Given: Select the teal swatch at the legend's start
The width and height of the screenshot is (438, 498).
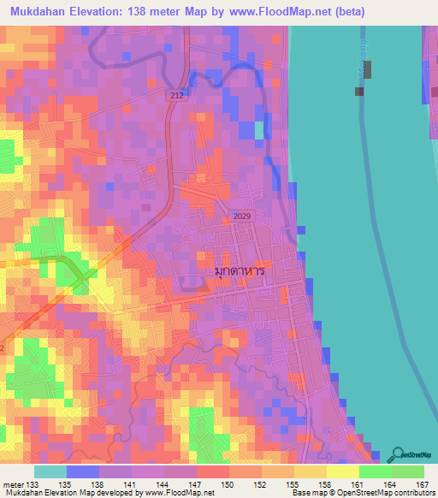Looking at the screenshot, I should pos(50,471).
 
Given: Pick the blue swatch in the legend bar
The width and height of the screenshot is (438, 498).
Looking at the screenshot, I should pos(83,471).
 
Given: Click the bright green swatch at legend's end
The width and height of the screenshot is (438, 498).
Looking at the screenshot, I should pos(408,471).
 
